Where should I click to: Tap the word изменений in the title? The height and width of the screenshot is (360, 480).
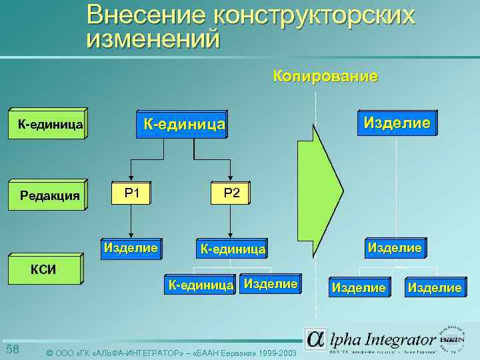(153, 39)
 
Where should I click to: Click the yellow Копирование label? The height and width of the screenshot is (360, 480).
(325, 77)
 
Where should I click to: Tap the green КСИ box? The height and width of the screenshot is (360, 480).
(44, 269)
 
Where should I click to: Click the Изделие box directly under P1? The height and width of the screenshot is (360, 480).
(131, 248)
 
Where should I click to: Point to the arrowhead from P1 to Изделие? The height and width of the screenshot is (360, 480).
(131, 233)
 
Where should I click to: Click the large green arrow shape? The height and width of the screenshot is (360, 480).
(318, 181)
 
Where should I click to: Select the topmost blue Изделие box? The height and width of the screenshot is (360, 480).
(396, 123)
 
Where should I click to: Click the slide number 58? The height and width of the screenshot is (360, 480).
(13, 351)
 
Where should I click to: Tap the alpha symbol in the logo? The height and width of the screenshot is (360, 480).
(316, 339)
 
